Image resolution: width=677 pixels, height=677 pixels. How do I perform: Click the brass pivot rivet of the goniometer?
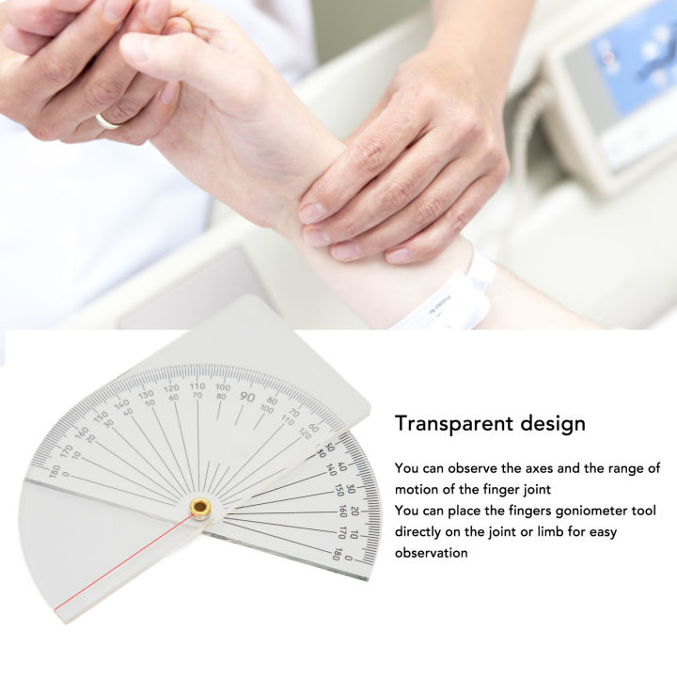coord(199,508)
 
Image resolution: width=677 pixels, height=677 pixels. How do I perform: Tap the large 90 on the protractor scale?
coord(247,398)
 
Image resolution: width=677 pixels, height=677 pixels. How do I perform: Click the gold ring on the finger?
coord(106,121)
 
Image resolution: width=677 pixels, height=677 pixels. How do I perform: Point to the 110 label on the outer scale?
coord(197,386)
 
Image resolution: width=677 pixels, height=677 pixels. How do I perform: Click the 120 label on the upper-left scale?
coord(172,389)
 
